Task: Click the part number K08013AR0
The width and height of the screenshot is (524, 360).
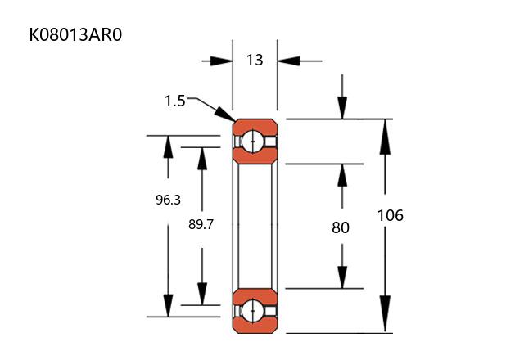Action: pyautogui.click(x=79, y=35)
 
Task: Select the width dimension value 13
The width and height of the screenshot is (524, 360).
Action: pyautogui.click(x=255, y=60)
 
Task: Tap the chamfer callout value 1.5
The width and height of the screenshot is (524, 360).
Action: pyautogui.click(x=175, y=101)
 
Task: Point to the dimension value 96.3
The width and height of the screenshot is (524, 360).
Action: pyautogui.click(x=168, y=199)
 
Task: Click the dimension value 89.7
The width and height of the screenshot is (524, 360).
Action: pyautogui.click(x=201, y=223)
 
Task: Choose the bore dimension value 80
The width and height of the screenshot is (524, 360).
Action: pyautogui.click(x=341, y=227)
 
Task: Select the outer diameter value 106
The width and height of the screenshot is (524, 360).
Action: pyautogui.click(x=391, y=216)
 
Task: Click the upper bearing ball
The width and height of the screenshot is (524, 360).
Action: pyautogui.click(x=255, y=142)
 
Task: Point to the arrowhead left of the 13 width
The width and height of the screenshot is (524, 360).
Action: pyautogui.click(x=222, y=61)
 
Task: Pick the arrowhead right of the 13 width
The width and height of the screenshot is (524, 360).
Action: pyautogui.click(x=287, y=61)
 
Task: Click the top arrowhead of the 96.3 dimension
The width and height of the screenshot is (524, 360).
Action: pyautogui.click(x=168, y=146)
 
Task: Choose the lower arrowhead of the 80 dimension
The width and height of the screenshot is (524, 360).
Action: pyautogui.click(x=341, y=277)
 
